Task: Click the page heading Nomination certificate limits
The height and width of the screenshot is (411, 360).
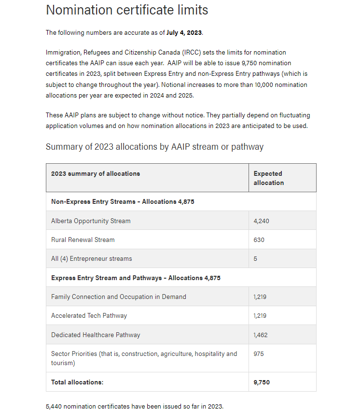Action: coord(127,10)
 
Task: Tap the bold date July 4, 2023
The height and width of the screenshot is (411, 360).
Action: coord(184,33)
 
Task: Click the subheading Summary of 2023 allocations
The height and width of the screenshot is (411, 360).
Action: coord(154,147)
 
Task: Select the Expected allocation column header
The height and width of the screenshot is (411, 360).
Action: coord(268,178)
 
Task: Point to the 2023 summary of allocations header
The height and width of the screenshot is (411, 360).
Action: coord(96,173)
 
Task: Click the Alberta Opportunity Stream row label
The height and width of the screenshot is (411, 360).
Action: coord(91,221)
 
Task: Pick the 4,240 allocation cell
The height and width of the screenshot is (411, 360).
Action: coord(261,221)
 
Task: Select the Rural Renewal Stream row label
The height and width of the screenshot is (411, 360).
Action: coord(83,240)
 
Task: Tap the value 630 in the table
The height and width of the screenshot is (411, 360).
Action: coord(259,240)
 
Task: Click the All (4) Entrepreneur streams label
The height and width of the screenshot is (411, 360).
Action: coord(92,258)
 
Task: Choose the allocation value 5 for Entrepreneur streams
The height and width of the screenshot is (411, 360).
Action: coord(255,258)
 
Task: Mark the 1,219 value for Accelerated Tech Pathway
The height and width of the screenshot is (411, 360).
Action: coord(260,315)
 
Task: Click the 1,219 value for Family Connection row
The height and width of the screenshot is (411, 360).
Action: coord(260,297)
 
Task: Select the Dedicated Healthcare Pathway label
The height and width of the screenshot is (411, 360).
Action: coord(96,335)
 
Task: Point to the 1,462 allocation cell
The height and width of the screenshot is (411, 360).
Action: coord(261,335)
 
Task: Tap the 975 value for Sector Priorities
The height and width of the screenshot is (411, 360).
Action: coord(259,354)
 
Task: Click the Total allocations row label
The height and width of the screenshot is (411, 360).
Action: coord(77,382)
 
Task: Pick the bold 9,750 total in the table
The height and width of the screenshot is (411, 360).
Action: coord(262,382)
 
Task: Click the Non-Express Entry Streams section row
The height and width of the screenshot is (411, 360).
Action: coord(123,202)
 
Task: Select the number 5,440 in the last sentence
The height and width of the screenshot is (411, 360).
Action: coord(55,406)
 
